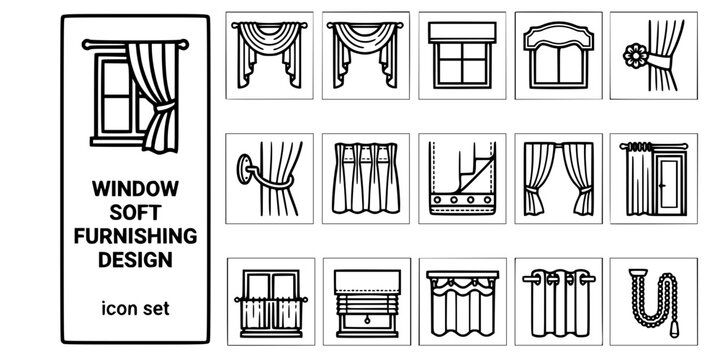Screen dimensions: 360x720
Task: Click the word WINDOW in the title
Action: (x=134, y=187)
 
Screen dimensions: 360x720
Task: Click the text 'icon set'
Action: (x=134, y=309)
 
